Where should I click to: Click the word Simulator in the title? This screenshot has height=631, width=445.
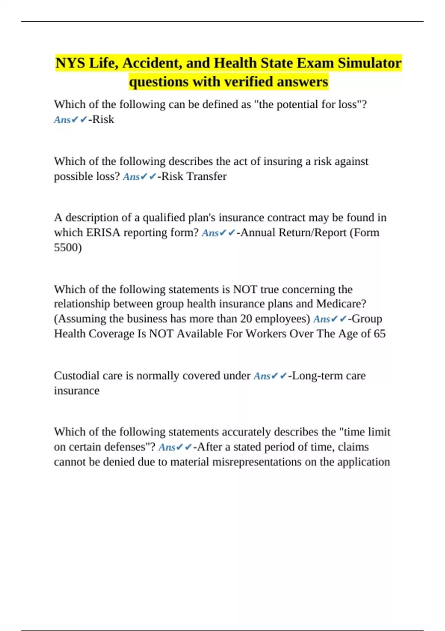coord(369,63)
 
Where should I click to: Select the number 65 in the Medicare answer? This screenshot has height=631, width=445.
coord(379,334)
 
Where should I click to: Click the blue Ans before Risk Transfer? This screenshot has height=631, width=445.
coord(131,177)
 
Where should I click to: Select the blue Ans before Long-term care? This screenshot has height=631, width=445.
coord(261,376)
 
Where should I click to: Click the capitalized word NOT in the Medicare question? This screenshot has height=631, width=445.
coord(245,289)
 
